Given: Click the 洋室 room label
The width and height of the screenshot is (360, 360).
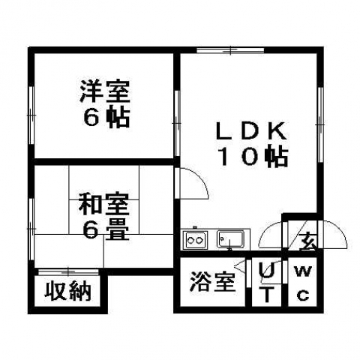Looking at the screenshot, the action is click(105, 91).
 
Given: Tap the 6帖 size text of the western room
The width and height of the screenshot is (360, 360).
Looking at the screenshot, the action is click(106, 118).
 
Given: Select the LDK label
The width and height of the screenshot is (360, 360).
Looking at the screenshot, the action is click(251, 130).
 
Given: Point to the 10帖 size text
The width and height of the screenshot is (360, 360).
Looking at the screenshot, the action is click(253, 157).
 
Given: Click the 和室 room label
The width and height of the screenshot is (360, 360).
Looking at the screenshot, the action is click(104, 205).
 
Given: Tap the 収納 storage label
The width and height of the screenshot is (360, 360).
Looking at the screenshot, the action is click(67, 291).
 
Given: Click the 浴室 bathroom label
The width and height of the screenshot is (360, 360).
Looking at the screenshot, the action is click(212, 282).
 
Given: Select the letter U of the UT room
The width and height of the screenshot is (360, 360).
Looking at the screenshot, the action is click(266, 271).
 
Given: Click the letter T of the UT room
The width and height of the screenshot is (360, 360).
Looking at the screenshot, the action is click(267, 294).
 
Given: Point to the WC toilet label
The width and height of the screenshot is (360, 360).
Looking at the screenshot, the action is click(303, 283).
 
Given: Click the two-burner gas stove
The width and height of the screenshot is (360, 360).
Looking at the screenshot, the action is click(195, 240).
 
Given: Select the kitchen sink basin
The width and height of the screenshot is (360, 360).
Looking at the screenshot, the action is click(230, 239).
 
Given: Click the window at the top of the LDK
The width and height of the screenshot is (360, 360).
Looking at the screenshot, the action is click(230, 50).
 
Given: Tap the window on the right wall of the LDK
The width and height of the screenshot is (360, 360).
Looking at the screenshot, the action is click(320, 124).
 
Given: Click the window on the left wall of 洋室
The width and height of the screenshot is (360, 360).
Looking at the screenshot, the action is click(31, 115).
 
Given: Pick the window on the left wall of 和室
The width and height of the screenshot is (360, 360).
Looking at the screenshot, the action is click(31, 229).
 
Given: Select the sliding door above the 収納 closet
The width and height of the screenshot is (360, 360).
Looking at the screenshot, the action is click(69, 271).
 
